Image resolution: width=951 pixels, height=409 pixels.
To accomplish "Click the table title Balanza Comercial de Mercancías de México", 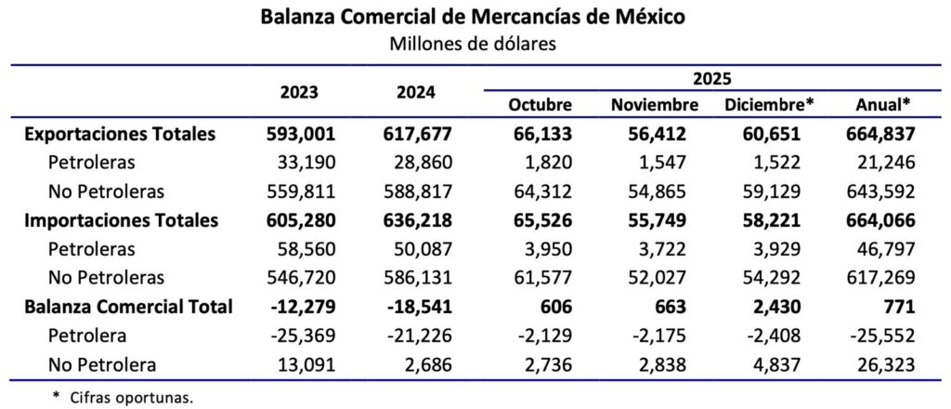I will tap(475, 17).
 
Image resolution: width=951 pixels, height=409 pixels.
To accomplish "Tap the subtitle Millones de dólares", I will tap(475, 44).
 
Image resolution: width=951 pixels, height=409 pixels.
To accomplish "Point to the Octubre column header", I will tap(540, 104).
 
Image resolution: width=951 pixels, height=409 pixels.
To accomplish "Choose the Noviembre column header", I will tap(654, 104).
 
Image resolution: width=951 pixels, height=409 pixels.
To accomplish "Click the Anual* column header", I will tap(881, 104).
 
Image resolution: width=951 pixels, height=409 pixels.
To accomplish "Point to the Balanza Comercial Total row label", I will tap(127, 307).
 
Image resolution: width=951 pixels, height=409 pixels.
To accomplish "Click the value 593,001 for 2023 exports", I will tap(299, 134).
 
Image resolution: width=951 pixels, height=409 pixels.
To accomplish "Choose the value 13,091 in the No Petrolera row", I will tap(306, 364).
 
